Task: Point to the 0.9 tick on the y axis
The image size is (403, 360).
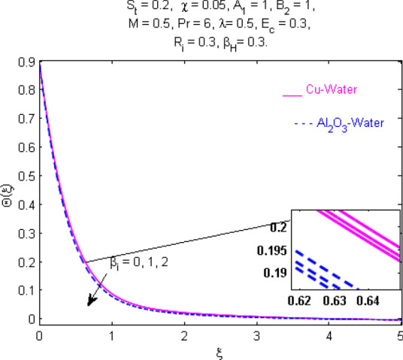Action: [x=24, y=65]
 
